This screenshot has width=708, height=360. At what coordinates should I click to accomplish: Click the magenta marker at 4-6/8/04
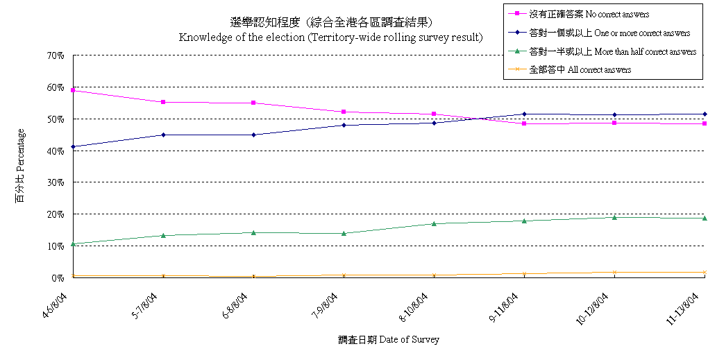coord(73,90)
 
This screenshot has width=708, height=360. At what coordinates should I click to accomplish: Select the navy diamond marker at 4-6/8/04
coord(73,146)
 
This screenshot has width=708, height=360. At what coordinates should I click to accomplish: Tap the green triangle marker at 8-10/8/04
coord(434,223)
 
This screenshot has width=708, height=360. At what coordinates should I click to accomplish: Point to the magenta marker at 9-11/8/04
coord(524,123)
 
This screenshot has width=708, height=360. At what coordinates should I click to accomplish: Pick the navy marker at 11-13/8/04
coord(704,114)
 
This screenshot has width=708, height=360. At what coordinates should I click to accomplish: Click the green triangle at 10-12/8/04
coord(614,217)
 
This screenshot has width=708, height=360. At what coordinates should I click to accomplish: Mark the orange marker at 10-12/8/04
coord(614,273)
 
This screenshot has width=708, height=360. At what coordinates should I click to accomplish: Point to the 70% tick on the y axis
coord(56,55)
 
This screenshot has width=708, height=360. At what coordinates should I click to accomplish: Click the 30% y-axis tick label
coord(56,182)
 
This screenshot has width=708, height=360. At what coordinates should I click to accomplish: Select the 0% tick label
coord(58,277)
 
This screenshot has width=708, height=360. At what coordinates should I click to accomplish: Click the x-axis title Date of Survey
coord(389,340)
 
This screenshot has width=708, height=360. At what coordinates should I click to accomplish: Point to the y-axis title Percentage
coord(20,164)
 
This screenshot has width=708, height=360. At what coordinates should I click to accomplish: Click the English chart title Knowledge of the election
coord(330,37)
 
